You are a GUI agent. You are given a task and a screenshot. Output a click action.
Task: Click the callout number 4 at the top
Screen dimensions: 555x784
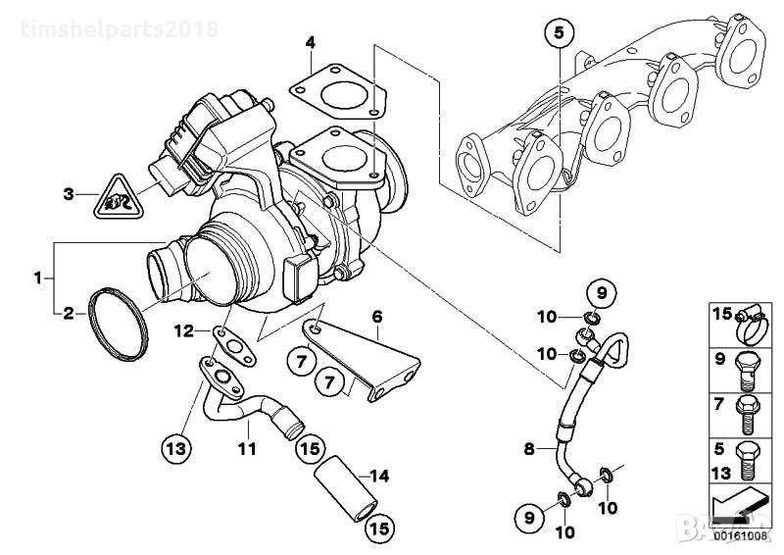click(310, 42)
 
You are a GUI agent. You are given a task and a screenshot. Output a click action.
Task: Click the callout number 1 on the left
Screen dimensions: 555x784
click(37, 277)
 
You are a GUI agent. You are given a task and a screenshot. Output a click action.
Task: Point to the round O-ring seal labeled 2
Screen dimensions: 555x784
click(120, 321)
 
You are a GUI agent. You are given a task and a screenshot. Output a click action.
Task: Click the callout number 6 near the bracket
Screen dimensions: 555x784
click(376, 316)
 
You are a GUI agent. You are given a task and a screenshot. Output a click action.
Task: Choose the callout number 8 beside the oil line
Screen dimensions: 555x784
click(529, 450)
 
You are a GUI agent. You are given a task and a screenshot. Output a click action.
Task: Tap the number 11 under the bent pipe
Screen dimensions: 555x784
click(246, 449)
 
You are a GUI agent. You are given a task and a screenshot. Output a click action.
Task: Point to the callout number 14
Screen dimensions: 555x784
click(378, 477)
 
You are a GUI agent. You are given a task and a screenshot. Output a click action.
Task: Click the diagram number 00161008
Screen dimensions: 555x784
click(741, 535)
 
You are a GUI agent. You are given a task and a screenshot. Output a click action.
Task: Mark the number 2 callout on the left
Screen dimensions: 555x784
click(69, 314)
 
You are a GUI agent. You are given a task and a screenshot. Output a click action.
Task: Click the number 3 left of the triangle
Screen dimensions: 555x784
click(68, 194)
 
